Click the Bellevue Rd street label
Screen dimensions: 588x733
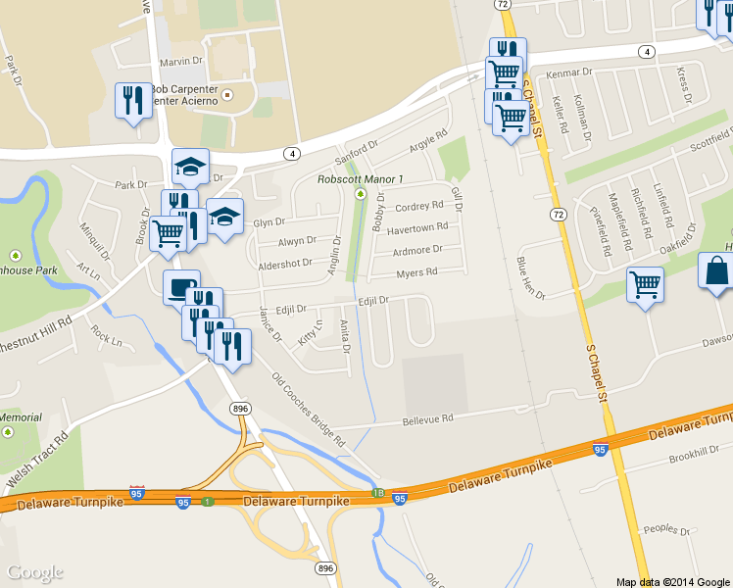tap(428, 419)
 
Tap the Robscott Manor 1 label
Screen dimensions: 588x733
tap(361, 179)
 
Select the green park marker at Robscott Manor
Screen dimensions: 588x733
tap(360, 194)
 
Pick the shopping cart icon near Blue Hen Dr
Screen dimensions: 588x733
tap(645, 285)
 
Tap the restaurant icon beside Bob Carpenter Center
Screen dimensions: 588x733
tap(132, 100)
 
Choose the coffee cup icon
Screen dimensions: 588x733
tap(181, 287)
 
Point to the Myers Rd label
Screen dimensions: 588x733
tap(415, 272)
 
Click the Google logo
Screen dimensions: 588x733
tap(35, 572)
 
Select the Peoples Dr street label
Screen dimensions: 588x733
tap(668, 529)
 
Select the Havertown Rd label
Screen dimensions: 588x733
tap(416, 228)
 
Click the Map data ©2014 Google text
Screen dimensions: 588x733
tap(673, 581)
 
